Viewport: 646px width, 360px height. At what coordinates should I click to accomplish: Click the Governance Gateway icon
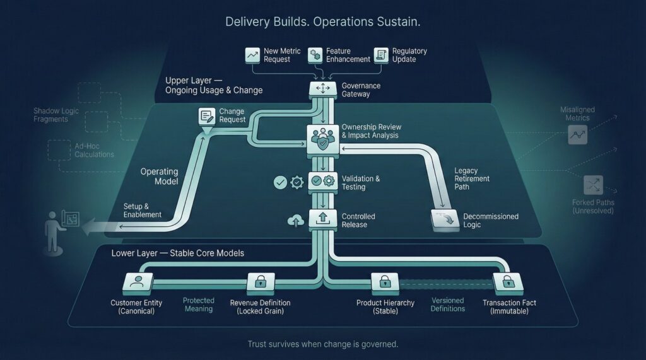pyautogui.click(x=322, y=90)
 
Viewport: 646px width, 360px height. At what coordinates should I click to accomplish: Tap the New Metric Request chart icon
pyautogui.click(x=253, y=55)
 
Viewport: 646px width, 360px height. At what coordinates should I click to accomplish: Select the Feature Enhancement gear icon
pyautogui.click(x=315, y=55)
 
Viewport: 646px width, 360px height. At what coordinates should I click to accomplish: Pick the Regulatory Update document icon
pyautogui.click(x=381, y=55)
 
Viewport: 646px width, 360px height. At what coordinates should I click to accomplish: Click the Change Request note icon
pyautogui.click(x=207, y=116)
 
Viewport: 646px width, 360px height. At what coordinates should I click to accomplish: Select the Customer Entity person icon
pyautogui.click(x=136, y=282)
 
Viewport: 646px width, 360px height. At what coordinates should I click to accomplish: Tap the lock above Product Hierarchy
pyautogui.click(x=385, y=282)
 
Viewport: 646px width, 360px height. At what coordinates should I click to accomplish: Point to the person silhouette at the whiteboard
pyautogui.click(x=51, y=231)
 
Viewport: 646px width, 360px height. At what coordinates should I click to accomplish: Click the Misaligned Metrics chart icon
pyautogui.click(x=577, y=134)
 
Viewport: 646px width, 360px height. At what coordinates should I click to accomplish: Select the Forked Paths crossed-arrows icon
pyautogui.click(x=593, y=185)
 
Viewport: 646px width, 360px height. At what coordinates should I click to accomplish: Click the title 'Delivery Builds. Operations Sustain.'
pyautogui.click(x=322, y=22)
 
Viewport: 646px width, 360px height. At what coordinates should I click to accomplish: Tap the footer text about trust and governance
pyautogui.click(x=322, y=344)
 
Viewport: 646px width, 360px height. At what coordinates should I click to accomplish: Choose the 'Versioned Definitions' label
pyautogui.click(x=447, y=305)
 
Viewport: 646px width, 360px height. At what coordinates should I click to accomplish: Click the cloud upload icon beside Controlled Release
pyautogui.click(x=295, y=220)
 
